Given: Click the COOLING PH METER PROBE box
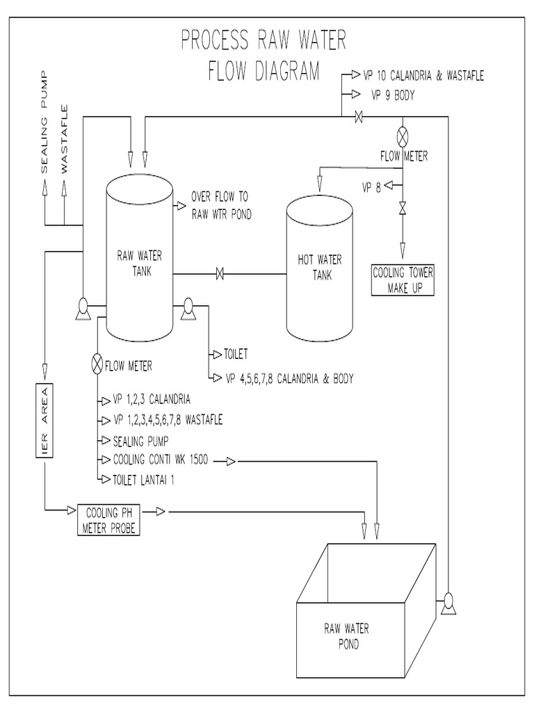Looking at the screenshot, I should coord(108,520).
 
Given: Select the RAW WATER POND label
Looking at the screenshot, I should coord(346,636).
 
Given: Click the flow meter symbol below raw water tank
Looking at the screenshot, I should coord(97,364).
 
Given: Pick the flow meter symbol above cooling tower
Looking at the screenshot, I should coord(402,135).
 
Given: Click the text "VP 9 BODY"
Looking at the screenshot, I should coord(393,96).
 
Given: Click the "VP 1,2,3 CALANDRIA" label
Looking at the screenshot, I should coord(151,400).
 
